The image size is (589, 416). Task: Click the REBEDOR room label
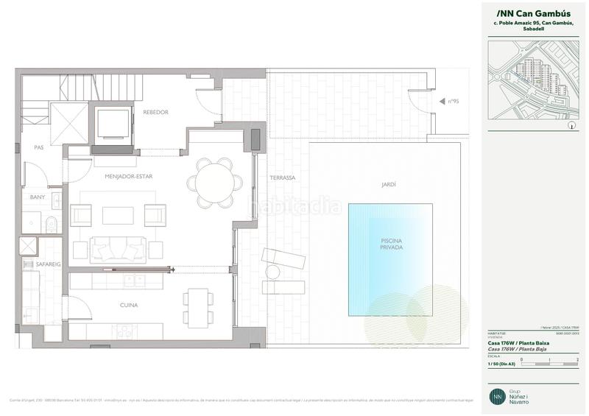(156, 112)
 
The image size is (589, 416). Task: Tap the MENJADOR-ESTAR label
(119, 177)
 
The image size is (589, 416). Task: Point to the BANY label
(38, 197)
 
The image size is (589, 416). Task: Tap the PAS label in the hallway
(38, 147)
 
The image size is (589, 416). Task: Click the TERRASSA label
(282, 177)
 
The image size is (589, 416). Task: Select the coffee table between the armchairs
(118, 215)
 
